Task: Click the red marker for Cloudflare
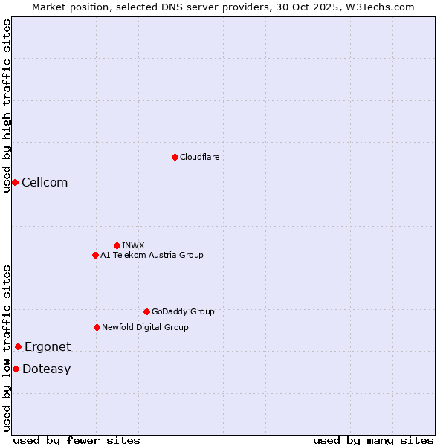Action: (x=175, y=157)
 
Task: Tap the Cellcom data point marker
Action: (x=15, y=182)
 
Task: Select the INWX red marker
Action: (x=117, y=245)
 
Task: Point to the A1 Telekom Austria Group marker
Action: (x=95, y=255)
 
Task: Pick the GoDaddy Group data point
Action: (x=146, y=311)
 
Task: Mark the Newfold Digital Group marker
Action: (x=97, y=327)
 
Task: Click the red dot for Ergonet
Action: (x=18, y=346)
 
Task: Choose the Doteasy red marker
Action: (x=16, y=369)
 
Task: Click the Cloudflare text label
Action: (x=199, y=157)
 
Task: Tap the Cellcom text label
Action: (x=45, y=183)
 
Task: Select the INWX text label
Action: (x=133, y=245)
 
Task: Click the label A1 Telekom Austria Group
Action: (x=152, y=255)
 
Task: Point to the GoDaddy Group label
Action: (x=183, y=311)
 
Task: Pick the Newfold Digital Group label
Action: (x=145, y=327)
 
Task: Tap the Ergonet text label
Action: (x=48, y=347)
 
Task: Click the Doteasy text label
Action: (x=46, y=369)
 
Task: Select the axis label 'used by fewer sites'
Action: (x=77, y=440)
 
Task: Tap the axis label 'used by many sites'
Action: (x=373, y=440)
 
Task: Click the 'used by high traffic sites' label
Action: (x=7, y=106)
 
